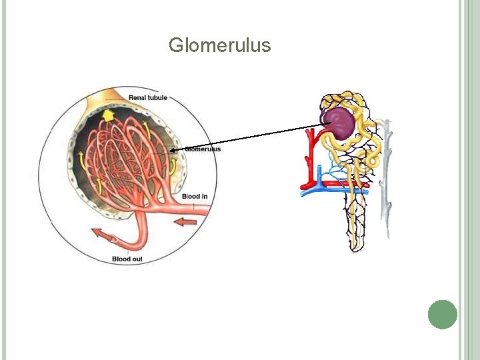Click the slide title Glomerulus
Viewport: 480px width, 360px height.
[219, 45]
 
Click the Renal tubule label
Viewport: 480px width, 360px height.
[147, 98]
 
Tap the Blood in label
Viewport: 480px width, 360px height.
[195, 196]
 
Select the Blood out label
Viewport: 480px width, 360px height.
[127, 259]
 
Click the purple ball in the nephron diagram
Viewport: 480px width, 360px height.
[339, 124]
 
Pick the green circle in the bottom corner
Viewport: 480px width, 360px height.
[443, 314]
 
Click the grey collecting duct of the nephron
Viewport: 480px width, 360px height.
[385, 180]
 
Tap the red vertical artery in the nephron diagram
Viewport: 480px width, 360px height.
[309, 160]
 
